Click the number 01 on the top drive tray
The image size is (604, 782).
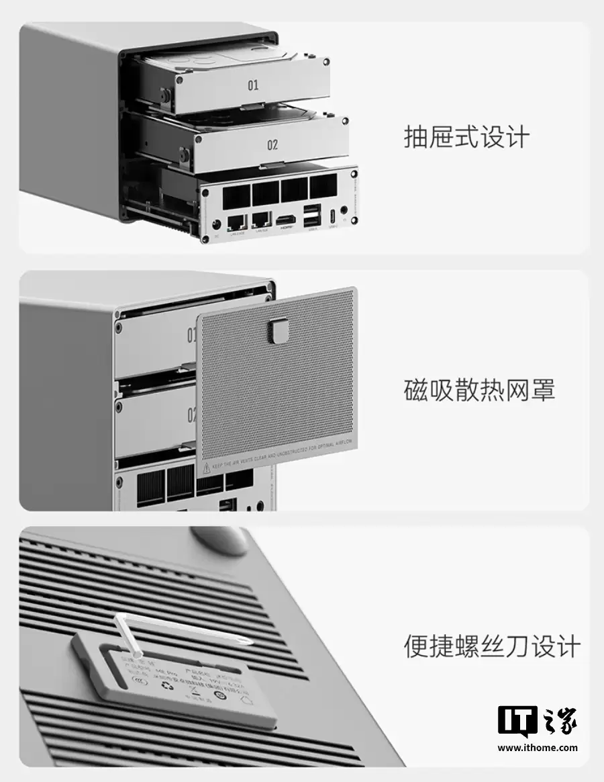[x=253, y=85]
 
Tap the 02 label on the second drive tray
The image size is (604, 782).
[x=272, y=144]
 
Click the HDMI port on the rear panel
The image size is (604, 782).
[x=287, y=220]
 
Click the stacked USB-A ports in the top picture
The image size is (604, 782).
[x=313, y=217]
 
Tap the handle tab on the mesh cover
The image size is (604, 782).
[x=277, y=330]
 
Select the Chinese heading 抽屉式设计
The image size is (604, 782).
[x=466, y=137]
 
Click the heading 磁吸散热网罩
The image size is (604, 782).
[x=479, y=390]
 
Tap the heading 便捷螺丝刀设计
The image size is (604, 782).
[x=491, y=646]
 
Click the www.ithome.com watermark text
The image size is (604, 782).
[x=537, y=747]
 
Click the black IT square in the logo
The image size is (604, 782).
[x=518, y=720]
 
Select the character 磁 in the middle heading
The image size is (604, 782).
[x=416, y=390]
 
